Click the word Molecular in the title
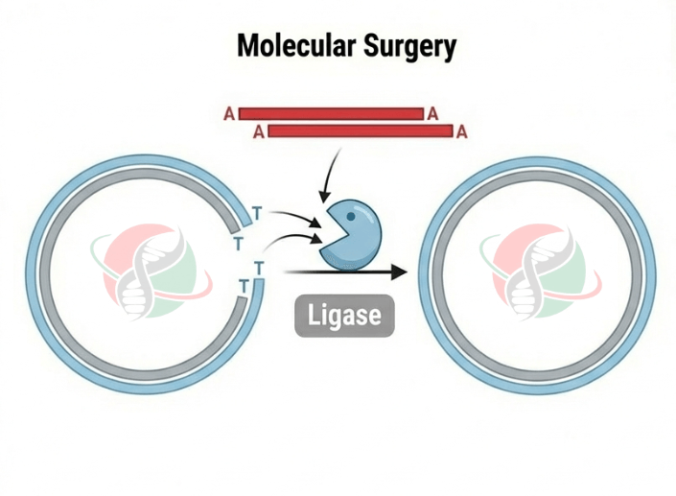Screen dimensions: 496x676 point(290,45)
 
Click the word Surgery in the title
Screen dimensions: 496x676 point(404,46)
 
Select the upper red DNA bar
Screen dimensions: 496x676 point(331,113)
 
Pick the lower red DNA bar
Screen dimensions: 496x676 point(360,131)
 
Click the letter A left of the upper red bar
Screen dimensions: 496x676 point(229,114)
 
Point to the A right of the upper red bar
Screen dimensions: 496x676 point(433,114)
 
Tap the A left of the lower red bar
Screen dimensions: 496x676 point(258,132)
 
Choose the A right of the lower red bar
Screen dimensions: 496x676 point(461,132)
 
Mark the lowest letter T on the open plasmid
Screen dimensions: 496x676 point(244,286)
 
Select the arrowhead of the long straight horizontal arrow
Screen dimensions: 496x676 point(398,272)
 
